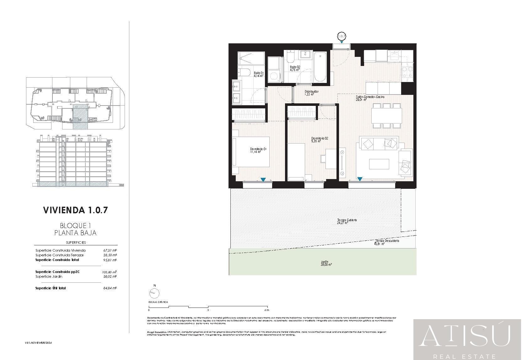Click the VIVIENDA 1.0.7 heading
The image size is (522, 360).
tap(75, 210)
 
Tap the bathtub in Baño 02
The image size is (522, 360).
tap(320, 67)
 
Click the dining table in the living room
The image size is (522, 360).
tap(386, 115)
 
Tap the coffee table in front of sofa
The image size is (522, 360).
tap(379, 164)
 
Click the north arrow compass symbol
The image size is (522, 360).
tap(154, 293)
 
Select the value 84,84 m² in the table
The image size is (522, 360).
tap(110, 288)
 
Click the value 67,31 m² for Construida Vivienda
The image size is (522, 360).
tap(110, 250)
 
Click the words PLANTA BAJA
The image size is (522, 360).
tap(75, 233)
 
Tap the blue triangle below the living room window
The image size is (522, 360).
tap(360, 179)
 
